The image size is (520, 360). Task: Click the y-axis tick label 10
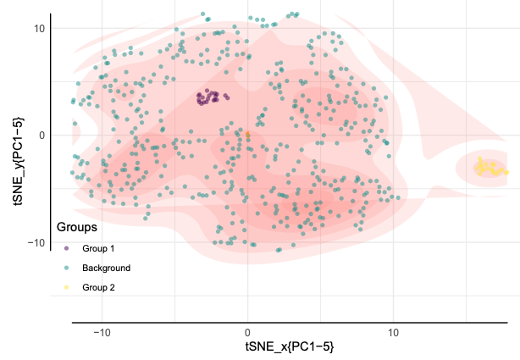click(39, 28)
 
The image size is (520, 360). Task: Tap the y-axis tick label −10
click(36, 243)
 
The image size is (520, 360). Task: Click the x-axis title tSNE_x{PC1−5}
click(289, 347)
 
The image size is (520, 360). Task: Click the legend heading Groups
click(76, 228)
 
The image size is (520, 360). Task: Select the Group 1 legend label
click(98, 248)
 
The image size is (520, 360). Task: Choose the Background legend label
click(106, 268)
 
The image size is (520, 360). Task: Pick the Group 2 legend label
click(98, 287)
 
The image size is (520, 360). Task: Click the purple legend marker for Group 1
click(65, 248)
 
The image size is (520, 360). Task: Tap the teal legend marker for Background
click(65, 268)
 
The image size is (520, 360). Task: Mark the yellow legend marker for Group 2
click(65, 287)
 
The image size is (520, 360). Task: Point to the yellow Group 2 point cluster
click(489, 167)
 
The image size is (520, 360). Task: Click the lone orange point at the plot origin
click(247, 135)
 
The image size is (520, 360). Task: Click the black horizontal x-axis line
click(289, 323)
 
